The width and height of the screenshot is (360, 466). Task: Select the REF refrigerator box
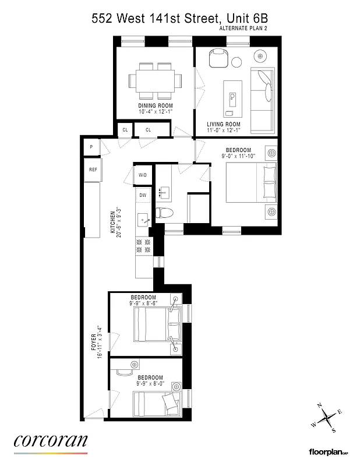[93, 170]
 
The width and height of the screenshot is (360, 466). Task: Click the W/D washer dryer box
[143, 175]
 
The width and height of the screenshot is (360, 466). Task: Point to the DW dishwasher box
[143, 196]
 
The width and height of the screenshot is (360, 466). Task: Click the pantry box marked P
[91, 148]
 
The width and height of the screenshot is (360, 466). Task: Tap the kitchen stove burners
[143, 246]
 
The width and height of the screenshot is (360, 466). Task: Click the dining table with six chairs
[155, 81]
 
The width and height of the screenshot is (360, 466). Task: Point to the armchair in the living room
[218, 58]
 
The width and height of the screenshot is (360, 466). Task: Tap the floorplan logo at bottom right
[330, 451]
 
